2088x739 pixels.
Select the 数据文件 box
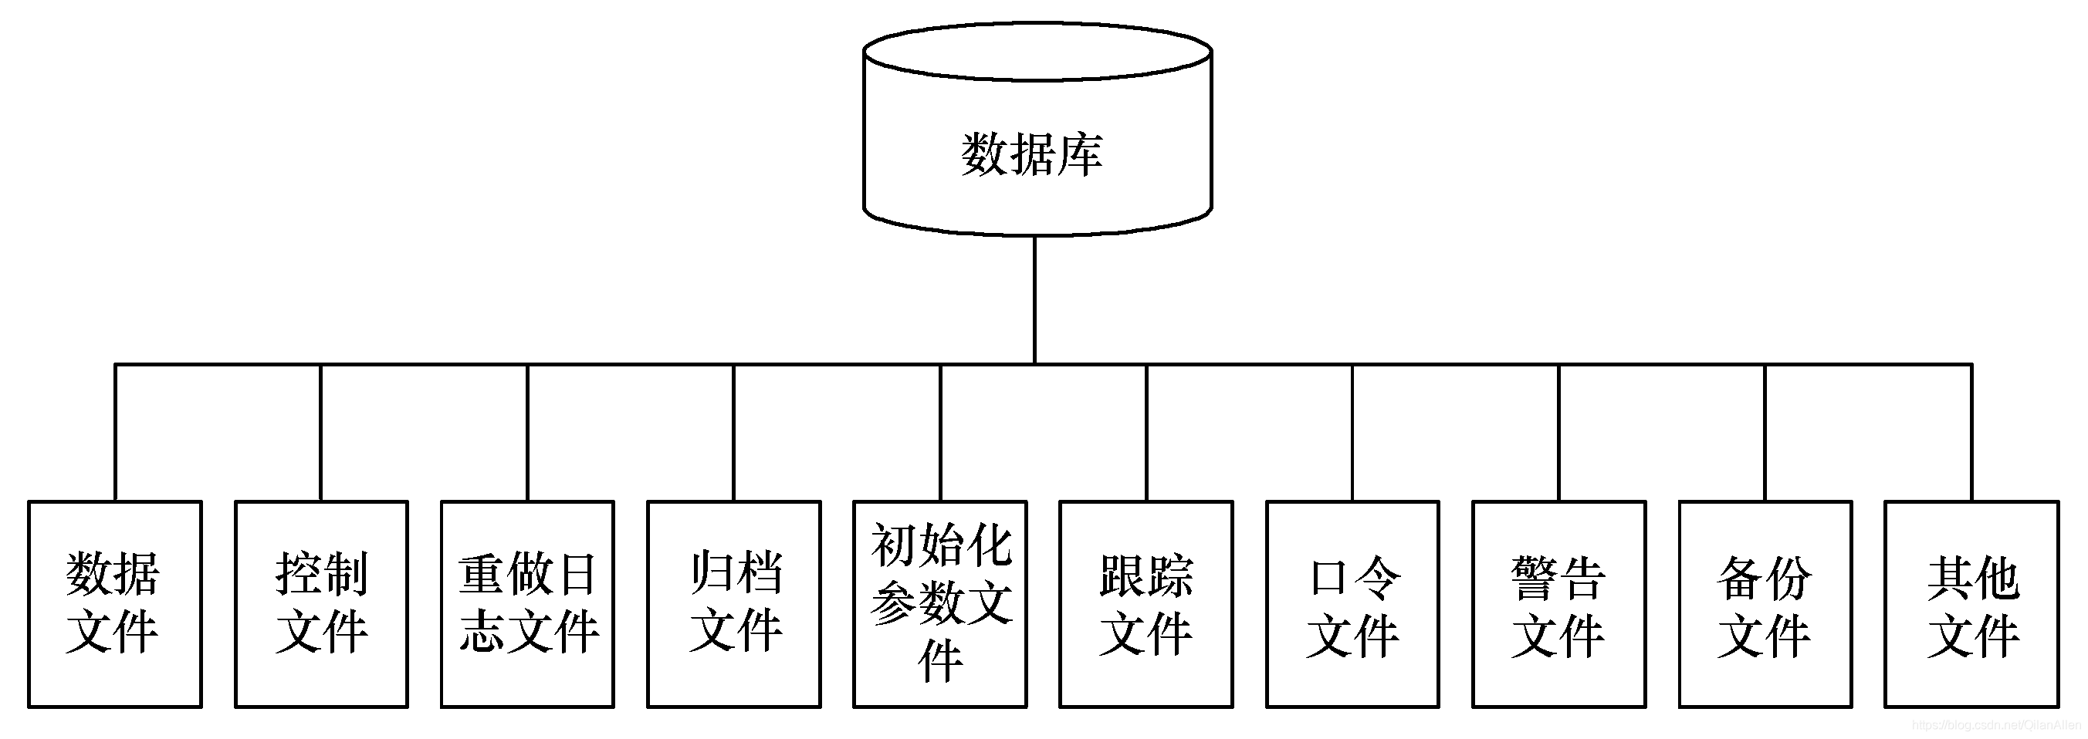(x=114, y=604)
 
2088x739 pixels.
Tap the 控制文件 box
(x=321, y=604)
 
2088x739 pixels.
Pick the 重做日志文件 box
(x=528, y=604)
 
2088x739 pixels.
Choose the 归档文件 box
(x=733, y=604)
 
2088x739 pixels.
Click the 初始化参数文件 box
(x=940, y=604)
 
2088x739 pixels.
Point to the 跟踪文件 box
(x=1146, y=604)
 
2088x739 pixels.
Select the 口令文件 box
(x=1353, y=604)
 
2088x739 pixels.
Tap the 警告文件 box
(x=1558, y=604)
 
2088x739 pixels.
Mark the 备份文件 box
(x=1765, y=604)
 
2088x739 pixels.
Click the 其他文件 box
(x=1971, y=604)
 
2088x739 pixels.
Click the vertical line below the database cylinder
(x=1035, y=300)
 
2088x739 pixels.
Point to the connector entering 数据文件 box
(x=115, y=433)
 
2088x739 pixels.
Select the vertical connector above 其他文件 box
(x=1972, y=433)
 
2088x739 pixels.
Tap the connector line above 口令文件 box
(x=1353, y=433)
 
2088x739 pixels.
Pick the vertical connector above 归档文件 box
(x=733, y=433)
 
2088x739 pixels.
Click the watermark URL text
(x=1996, y=725)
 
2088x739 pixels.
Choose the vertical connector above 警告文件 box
(x=1558, y=433)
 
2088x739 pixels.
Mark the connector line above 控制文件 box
(x=321, y=433)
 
